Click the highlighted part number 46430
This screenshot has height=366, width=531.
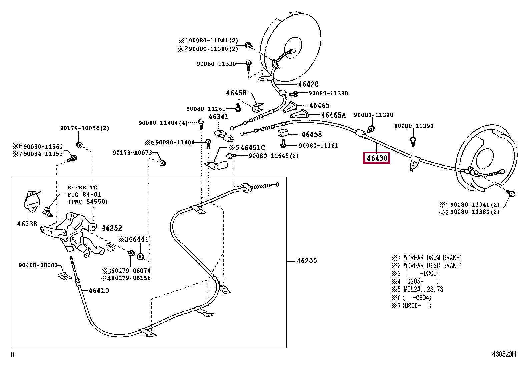click(377, 158)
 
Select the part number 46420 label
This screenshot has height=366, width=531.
click(308, 84)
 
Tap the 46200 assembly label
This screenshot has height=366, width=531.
click(307, 261)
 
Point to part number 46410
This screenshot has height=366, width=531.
click(99, 290)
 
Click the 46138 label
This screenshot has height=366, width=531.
click(27, 224)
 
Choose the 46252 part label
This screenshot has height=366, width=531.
click(112, 228)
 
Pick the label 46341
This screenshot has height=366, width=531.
click(218, 117)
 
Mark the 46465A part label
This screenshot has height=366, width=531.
click(333, 115)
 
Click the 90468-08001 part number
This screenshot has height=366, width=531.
click(38, 265)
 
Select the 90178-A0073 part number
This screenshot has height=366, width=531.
click(132, 153)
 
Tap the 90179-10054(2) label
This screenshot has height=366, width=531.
click(85, 128)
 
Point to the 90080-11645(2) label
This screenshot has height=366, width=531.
click(274, 156)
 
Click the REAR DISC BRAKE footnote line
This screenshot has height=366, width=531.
click(427, 266)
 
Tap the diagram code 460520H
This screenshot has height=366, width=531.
click(504, 354)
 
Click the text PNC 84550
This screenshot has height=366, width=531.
click(88, 202)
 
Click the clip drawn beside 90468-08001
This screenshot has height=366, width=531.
click(65, 276)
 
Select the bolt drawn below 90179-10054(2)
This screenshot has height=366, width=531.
click(79, 145)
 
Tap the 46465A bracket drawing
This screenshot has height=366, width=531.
click(299, 114)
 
